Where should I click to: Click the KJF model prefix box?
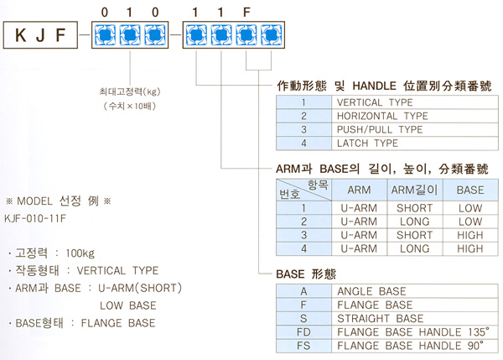43,36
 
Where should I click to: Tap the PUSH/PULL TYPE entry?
380,130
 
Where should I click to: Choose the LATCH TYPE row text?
367,144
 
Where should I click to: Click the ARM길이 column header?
414,190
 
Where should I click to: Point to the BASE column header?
470,190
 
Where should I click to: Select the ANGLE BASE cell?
371,291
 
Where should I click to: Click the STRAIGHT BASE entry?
378,319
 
